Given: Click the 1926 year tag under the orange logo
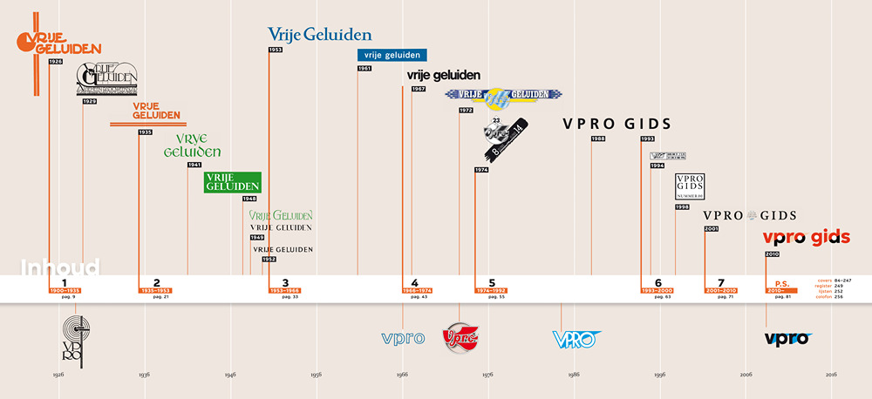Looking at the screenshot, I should (x=56, y=62).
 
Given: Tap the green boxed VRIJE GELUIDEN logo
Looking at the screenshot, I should (x=233, y=181).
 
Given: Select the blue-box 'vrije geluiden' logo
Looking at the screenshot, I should (x=392, y=55).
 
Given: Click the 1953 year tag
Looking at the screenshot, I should (x=276, y=50).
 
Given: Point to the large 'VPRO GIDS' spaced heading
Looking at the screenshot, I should (x=617, y=123).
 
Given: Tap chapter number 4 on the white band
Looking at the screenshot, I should (x=415, y=282).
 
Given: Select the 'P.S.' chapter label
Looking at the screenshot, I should (x=782, y=282).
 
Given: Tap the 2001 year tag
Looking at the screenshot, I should (x=711, y=228).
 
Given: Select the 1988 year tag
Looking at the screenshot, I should (x=598, y=139).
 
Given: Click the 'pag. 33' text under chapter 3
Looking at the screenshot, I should (x=290, y=297).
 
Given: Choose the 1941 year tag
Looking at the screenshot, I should (x=194, y=165).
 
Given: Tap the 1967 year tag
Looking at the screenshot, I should (x=419, y=89).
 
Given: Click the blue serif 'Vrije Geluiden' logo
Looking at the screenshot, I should (x=319, y=35).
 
